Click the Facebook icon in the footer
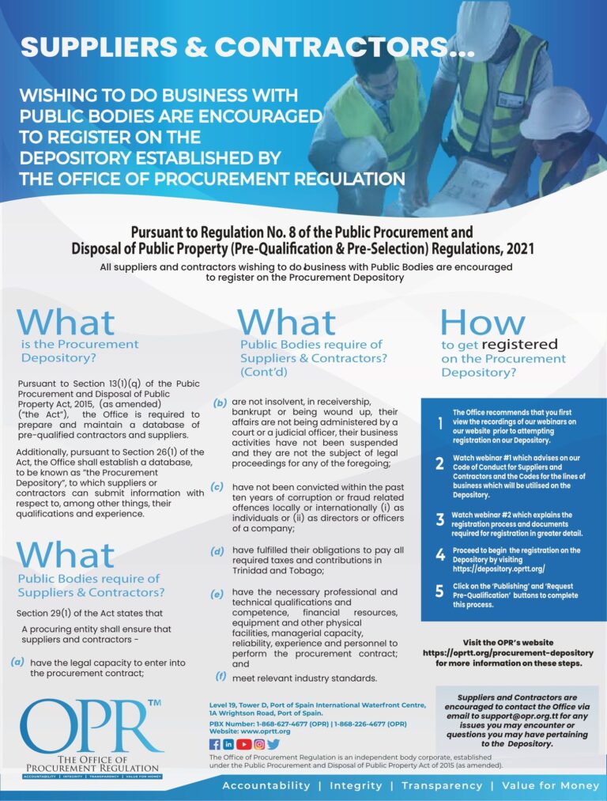pos(214,744)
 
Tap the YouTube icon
pos(243,744)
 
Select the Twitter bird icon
pos(273,744)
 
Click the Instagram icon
pos(258,744)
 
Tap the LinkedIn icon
pos(228,744)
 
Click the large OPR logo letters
pos(87,726)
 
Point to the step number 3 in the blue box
pos(440,520)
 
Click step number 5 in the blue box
pos(440,590)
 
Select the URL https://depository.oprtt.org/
pos(499,569)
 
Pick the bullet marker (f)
pos(221,677)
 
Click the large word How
pos(481,322)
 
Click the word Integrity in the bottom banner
pos(356,785)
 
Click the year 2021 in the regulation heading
pos(516,248)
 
